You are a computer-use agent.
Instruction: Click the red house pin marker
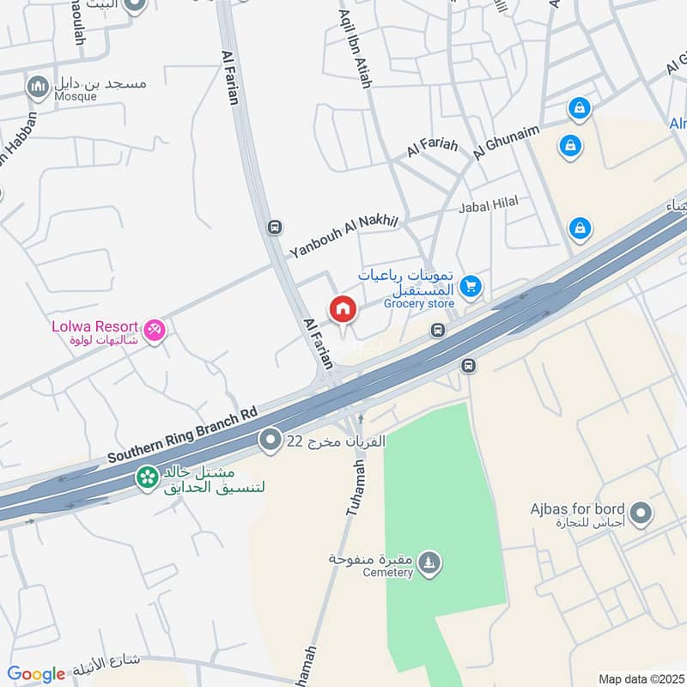[x=342, y=309]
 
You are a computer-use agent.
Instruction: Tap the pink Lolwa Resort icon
[x=155, y=329]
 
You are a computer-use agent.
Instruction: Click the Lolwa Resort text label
[x=94, y=326]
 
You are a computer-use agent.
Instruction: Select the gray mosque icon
[x=37, y=87]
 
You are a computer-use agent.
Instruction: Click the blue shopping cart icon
[x=470, y=288]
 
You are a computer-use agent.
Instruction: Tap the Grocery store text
[x=419, y=303]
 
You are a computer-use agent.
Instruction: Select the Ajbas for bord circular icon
[x=639, y=514]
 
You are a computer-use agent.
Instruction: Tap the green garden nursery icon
[x=148, y=476]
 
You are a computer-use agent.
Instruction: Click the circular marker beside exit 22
[x=271, y=441]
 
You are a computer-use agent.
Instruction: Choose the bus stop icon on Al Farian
[x=274, y=228]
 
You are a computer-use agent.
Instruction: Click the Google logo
[x=36, y=674]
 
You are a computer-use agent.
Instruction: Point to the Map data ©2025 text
[x=640, y=678]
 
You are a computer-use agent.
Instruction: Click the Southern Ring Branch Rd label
[x=182, y=435]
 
